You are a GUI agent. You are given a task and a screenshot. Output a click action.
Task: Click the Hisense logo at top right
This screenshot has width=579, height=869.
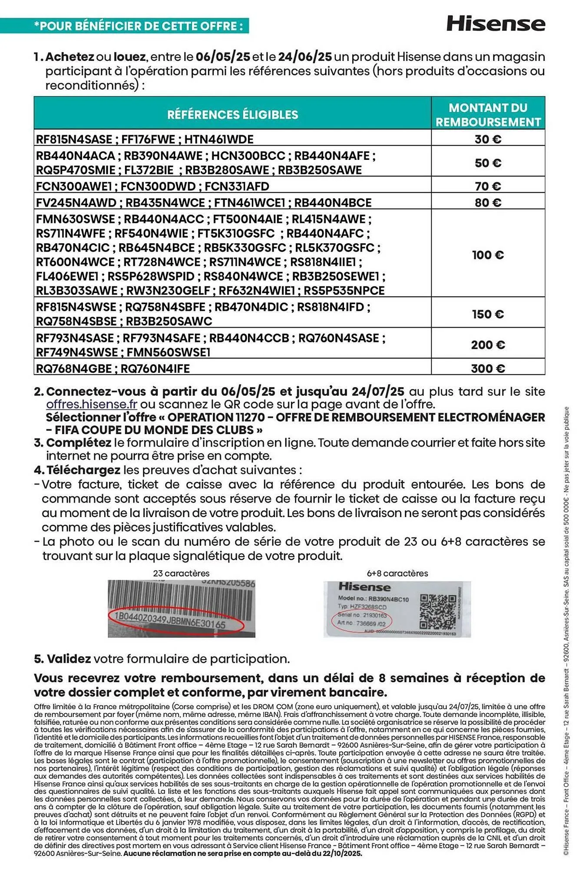[496, 23]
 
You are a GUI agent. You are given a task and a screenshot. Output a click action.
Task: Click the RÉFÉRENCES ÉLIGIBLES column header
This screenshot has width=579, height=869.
[233, 115]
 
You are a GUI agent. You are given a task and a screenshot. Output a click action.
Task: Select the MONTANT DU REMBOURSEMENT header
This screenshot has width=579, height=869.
[488, 115]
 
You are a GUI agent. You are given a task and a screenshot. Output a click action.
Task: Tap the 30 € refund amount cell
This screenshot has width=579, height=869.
[488, 139]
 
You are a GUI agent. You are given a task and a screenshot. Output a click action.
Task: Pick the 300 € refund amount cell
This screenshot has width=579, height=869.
[488, 368]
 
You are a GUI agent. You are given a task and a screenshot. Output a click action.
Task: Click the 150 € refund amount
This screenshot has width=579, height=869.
[488, 314]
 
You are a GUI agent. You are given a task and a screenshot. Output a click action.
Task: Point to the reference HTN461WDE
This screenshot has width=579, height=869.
[219, 139]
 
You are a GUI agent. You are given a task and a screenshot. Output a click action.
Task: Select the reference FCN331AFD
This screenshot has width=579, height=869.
[237, 186]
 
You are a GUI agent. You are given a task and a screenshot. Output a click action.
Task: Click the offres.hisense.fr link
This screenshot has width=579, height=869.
[92, 404]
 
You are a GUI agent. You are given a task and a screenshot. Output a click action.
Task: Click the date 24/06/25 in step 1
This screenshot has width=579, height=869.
[305, 57]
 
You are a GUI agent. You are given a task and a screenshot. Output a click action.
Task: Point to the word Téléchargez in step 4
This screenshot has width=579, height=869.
[83, 470]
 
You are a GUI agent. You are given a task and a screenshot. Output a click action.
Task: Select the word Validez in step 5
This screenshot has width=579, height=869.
[69, 659]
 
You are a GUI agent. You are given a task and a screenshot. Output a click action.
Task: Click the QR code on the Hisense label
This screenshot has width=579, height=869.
[438, 611]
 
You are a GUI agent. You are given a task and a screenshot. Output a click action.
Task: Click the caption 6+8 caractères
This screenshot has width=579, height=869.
[397, 573]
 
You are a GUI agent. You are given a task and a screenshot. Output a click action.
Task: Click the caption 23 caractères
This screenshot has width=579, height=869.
[181, 573]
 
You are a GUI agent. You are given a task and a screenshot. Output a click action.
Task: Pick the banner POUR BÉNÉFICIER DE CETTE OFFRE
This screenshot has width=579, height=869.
[138, 26]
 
